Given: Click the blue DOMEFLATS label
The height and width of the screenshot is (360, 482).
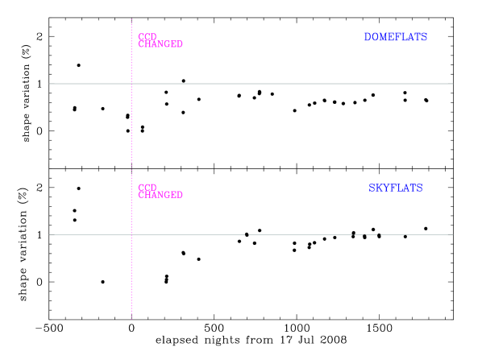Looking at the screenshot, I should (395, 37).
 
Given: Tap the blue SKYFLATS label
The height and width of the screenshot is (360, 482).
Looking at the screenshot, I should (395, 188).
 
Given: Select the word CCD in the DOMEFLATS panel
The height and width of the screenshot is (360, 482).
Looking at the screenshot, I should (147, 37).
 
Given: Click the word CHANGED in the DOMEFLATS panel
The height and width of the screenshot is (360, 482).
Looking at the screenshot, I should (160, 44).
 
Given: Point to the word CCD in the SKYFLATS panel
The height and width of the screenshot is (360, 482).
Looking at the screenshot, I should (147, 188).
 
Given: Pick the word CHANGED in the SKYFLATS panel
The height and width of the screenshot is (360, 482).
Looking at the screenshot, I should (160, 195).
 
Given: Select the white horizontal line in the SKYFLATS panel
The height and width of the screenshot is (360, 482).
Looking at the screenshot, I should (306, 234).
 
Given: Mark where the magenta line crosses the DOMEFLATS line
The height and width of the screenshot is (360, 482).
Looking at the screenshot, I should (131, 83).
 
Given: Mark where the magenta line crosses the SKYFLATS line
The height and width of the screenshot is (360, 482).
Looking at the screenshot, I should (131, 234).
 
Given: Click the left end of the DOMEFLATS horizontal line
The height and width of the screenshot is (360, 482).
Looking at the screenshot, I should (50, 83).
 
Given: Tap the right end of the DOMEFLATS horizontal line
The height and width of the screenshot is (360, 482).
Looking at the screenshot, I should (452, 83).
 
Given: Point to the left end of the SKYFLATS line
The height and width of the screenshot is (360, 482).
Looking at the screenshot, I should (50, 234).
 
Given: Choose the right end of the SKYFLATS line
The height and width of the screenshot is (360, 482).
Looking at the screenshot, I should (452, 234).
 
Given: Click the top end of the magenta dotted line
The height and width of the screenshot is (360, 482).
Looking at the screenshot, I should (131, 19).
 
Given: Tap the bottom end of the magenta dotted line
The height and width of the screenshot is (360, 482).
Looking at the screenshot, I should (131, 320).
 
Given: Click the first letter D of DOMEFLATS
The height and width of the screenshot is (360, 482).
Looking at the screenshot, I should (368, 37).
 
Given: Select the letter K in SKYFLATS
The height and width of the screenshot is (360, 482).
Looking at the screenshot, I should (379, 188).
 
